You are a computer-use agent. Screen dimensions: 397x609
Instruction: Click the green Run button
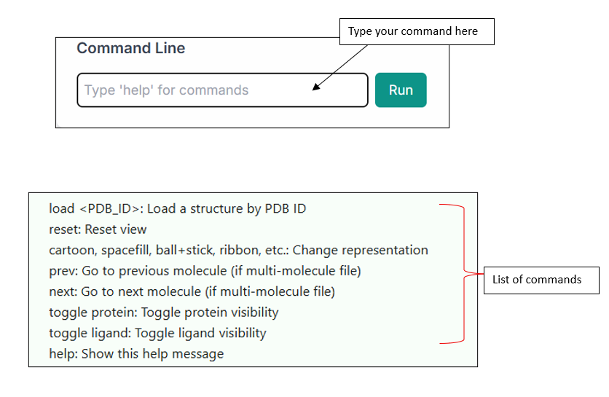pyautogui.click(x=401, y=90)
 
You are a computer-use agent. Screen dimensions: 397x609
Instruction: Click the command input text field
pyautogui.click(x=222, y=90)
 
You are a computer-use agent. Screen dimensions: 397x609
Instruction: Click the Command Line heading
pyautogui.click(x=131, y=49)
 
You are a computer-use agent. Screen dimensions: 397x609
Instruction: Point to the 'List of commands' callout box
pyautogui.click(x=541, y=280)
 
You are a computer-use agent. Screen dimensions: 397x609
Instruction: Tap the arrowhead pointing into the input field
pyautogui.click(x=315, y=88)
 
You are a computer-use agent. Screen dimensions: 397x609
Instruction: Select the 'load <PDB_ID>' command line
pyautogui.click(x=177, y=209)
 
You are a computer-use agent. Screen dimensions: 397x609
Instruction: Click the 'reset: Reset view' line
pyautogui.click(x=98, y=229)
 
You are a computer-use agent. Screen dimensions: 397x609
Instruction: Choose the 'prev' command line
pyautogui.click(x=205, y=271)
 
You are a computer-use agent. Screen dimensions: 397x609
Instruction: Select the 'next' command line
pyautogui.click(x=192, y=292)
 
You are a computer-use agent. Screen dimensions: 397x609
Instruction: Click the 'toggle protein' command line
pyautogui.click(x=163, y=313)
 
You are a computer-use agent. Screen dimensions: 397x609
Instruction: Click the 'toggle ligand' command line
pyautogui.click(x=157, y=334)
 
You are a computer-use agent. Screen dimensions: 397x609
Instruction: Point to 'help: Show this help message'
pyautogui.click(x=136, y=354)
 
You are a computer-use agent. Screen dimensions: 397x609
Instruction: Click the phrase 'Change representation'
pyautogui.click(x=361, y=251)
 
